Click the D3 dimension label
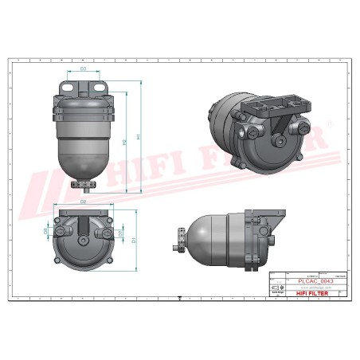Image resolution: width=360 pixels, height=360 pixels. coord(84,69)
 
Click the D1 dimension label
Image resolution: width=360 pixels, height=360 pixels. coord(134,238)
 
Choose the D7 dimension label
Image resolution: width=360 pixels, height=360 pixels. coord(120,233)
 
